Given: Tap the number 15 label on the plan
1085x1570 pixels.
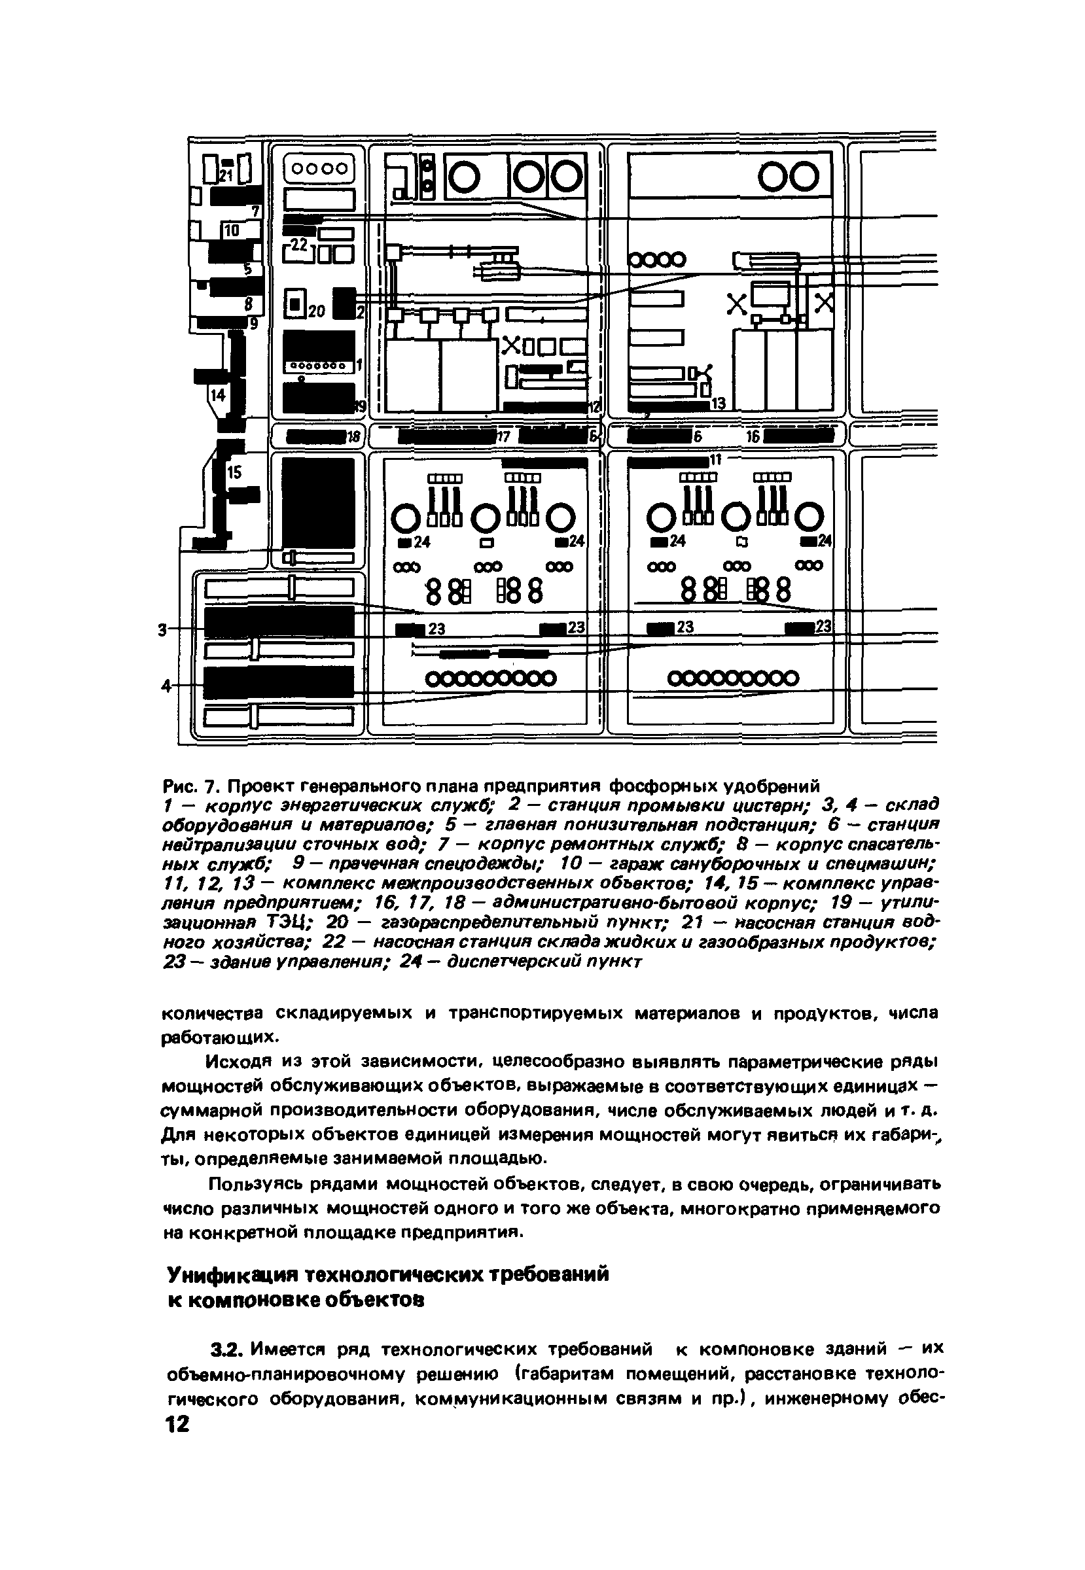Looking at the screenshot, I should coord(234,472).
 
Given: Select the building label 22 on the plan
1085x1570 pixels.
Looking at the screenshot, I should coord(299,244).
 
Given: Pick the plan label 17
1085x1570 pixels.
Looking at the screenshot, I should coord(503,438).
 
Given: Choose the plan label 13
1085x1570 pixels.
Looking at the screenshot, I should coord(718,404).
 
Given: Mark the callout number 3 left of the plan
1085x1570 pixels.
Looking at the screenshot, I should coord(162,631).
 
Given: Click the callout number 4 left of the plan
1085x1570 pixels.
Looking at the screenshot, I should coord(164,686).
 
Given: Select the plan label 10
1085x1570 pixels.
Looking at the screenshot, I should coord(232,230).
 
